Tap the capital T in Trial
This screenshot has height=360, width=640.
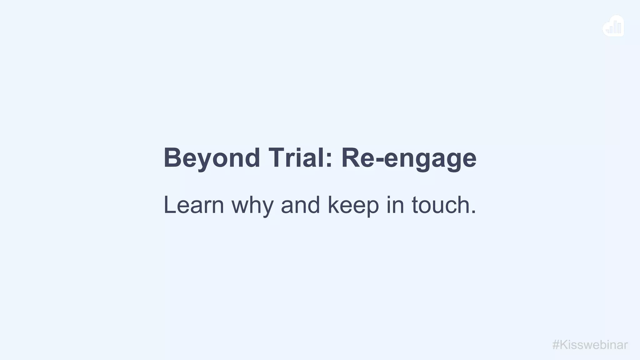(276, 158)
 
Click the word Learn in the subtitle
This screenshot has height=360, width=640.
(194, 205)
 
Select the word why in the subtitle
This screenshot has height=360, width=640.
(252, 206)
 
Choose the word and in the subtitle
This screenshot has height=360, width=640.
(300, 205)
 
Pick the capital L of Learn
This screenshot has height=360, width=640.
(170, 205)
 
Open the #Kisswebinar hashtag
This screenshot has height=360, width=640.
(590, 345)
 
